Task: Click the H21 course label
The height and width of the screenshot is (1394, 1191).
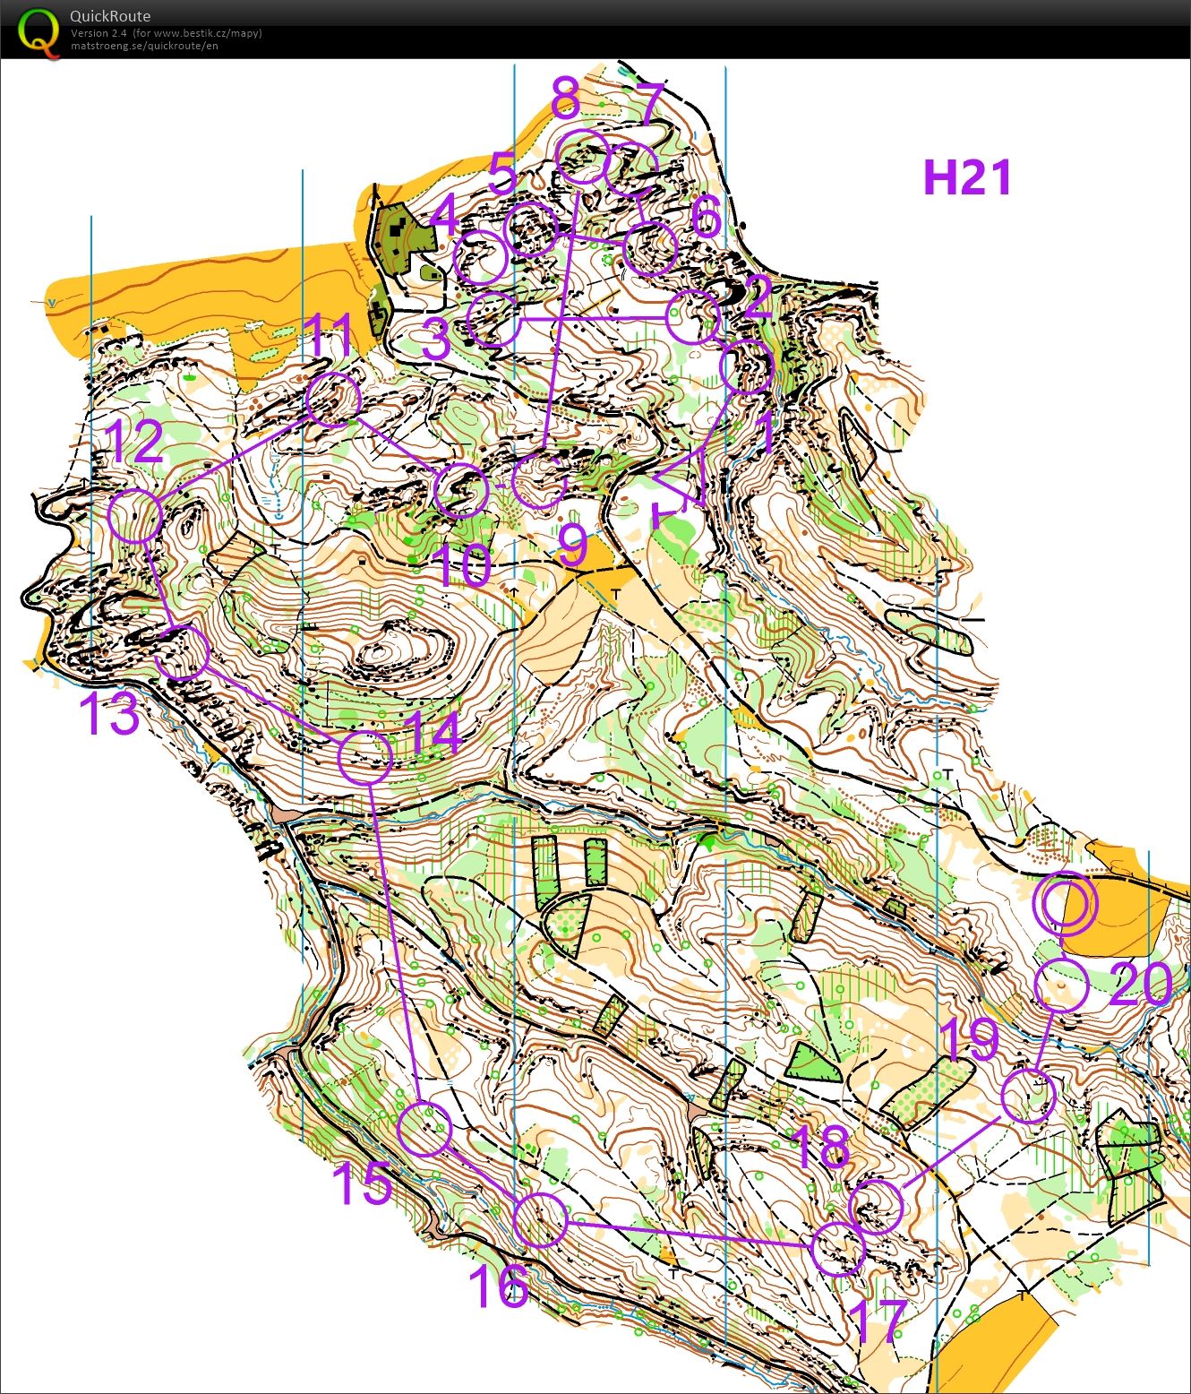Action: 967,177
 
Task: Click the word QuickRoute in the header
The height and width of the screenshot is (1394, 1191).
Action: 110,16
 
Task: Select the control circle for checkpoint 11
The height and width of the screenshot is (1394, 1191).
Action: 333,400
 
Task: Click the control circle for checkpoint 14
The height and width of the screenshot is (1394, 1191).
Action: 365,757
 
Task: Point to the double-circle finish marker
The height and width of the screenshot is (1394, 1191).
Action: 1064,903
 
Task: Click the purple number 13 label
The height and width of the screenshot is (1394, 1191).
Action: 109,714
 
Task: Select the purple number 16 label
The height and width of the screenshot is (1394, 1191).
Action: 499,1286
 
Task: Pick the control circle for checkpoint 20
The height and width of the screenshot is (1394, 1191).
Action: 1061,985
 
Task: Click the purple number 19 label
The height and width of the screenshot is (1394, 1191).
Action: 969,1038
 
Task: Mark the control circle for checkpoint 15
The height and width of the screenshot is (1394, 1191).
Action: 424,1129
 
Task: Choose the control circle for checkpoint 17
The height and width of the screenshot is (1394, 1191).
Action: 838,1248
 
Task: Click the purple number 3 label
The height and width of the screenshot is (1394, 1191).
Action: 436,340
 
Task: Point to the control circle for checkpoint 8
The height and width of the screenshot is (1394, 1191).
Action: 583,156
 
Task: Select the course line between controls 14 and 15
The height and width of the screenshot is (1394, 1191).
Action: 394,941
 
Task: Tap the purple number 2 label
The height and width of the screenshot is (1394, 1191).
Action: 758,297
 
